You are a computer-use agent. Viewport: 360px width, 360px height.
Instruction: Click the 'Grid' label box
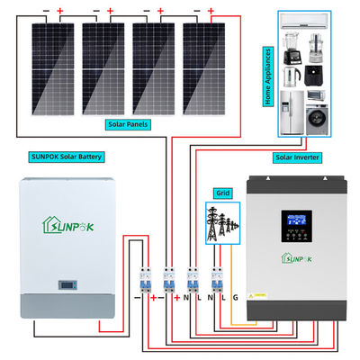pyautogui.click(x=222, y=192)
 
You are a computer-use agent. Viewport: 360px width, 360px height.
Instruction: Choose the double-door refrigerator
pyautogui.click(x=292, y=111)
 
